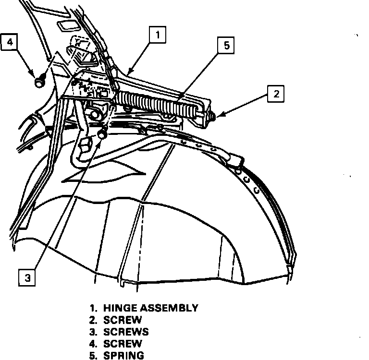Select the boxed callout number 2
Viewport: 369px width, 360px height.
pos(276,94)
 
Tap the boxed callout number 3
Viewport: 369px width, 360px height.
pos(28,277)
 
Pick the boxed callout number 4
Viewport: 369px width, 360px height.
pos(10,43)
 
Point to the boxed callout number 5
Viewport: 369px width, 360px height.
pos(226,46)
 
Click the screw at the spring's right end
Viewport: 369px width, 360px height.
pos(211,117)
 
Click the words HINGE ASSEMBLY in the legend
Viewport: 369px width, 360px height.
pos(150,308)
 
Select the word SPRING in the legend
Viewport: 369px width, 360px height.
pos(123,356)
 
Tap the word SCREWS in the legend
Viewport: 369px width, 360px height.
pos(126,332)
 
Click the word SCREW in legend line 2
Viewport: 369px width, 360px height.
pos(123,320)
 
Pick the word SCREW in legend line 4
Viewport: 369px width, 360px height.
pos(123,344)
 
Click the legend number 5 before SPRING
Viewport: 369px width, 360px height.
pos(92,356)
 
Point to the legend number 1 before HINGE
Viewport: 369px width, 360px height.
pos(92,308)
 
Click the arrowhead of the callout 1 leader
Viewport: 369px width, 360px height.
pos(130,73)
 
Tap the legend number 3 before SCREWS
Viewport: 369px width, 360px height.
pos(92,332)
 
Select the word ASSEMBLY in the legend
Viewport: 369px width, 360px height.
pos(169,308)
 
